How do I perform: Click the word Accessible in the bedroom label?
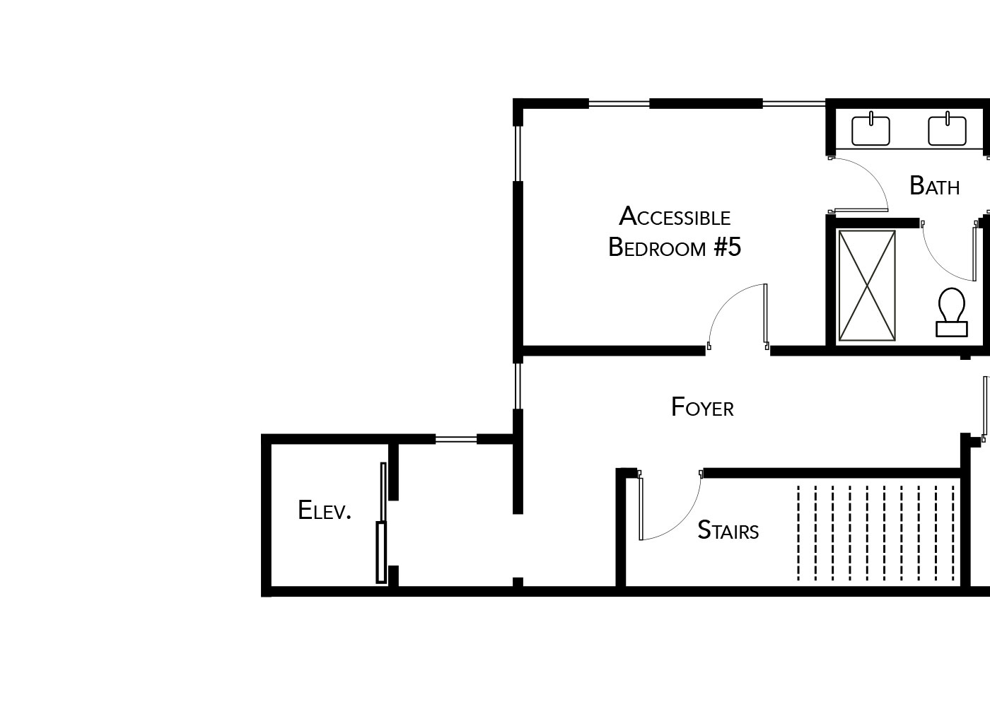[675, 216]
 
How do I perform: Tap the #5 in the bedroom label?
[728, 247]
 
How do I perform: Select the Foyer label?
[702, 407]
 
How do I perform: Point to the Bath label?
[934, 185]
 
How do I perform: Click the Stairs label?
[728, 530]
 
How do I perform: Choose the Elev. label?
[325, 510]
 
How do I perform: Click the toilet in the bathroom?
[952, 312]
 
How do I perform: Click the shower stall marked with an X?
[867, 286]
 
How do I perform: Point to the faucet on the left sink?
[871, 119]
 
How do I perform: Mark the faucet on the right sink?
[948, 119]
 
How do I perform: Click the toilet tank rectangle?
[952, 329]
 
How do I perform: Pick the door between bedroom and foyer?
[765, 315]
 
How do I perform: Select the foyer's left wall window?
[518, 386]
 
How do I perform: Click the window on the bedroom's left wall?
[518, 154]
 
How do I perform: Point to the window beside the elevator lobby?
[455, 439]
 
